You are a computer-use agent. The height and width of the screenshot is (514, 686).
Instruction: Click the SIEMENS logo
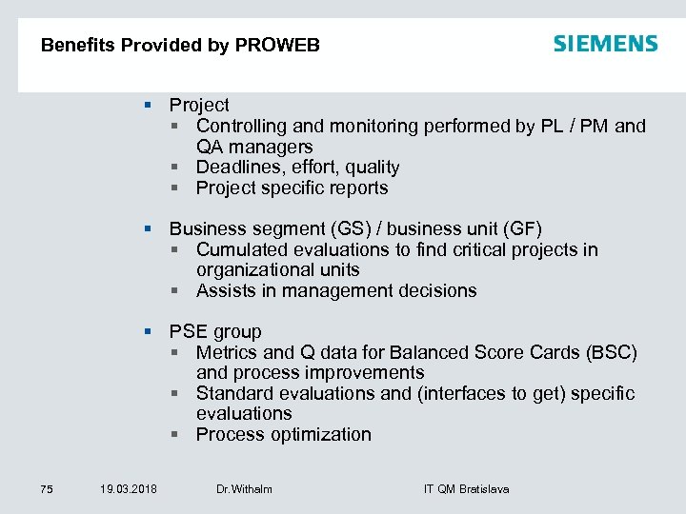605,44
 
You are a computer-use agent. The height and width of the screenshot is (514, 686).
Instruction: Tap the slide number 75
47,489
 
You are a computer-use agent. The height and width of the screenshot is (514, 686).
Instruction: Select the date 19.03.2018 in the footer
129,489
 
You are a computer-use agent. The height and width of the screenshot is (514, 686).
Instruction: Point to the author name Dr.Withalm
244,489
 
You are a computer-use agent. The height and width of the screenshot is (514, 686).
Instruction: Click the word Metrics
226,352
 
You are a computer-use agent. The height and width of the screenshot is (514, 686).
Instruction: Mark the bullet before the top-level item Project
148,105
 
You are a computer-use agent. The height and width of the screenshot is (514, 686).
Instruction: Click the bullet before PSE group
148,331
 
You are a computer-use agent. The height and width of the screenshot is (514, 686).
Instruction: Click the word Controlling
240,126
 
